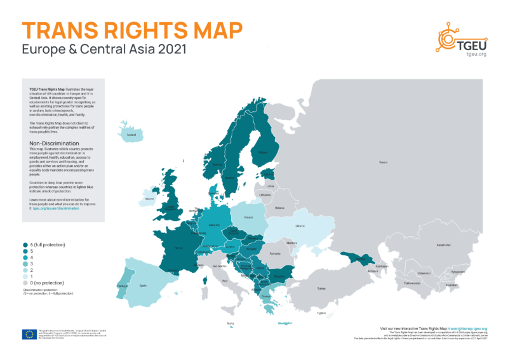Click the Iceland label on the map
pos(131,135)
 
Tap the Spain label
pos(144,285)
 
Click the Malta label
pos(230,323)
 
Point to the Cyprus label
pos(322,312)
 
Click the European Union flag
pos(29,334)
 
